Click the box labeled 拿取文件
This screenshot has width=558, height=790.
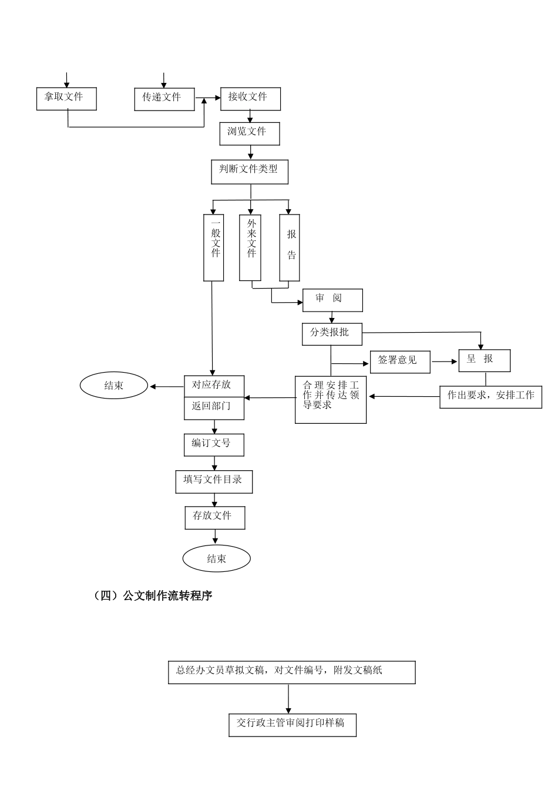pos(66,99)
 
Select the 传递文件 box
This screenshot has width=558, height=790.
pos(164,99)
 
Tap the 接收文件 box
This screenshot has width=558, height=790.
pos(250,99)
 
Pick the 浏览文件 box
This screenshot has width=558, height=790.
pos(250,133)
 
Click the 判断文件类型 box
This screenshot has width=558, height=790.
pos(250,171)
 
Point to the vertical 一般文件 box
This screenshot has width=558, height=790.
pos(214,247)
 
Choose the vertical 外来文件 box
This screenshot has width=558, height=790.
pos(251,247)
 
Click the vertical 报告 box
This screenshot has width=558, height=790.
pos(290,247)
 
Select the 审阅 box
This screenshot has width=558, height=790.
pos(332,300)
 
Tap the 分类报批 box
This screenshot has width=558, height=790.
pos(332,334)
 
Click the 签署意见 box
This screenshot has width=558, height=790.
pos(400,361)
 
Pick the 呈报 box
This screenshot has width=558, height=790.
pos(484,360)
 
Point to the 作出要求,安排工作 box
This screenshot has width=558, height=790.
pos(490,397)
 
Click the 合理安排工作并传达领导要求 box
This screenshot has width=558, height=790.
pos(331,399)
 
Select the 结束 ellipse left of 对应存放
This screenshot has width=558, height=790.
pos(114,386)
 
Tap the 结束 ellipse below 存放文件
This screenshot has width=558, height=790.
pos(217,558)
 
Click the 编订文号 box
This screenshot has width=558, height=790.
pos(214,445)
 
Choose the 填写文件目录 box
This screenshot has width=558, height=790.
pos(214,481)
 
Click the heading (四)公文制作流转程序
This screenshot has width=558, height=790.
pos(153,595)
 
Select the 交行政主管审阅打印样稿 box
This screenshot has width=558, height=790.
pos(293,725)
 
